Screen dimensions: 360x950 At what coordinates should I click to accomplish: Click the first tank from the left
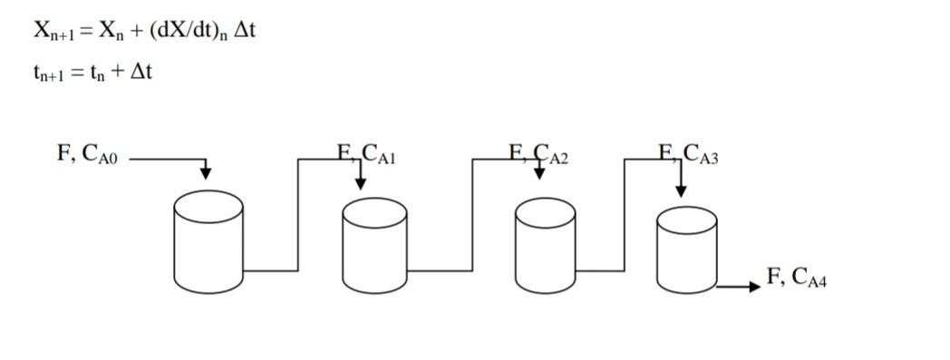(208, 242)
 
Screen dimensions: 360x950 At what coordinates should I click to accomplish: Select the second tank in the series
(374, 247)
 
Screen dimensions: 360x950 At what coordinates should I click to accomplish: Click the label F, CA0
(87, 154)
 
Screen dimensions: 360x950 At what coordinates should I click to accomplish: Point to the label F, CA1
(367, 154)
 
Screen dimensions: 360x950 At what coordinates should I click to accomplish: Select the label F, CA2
(538, 154)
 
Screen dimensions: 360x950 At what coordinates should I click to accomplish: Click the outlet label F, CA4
(797, 277)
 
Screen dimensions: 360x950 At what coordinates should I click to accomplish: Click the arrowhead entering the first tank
(206, 172)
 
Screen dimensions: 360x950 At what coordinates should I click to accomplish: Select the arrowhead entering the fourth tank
(681, 191)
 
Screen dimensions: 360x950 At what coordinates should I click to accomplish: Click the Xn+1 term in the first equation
(55, 31)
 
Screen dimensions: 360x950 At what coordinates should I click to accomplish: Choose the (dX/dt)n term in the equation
(187, 31)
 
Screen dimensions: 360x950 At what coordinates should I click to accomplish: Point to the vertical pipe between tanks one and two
(297, 215)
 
